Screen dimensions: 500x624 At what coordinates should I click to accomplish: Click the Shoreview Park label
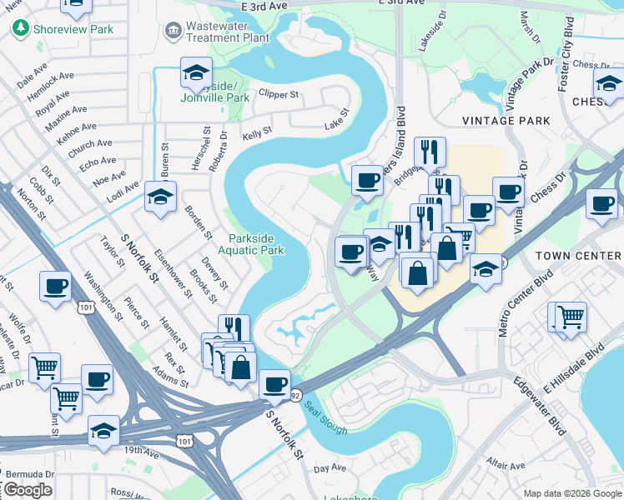click(73, 29)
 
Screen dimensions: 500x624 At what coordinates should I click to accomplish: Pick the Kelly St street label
click(257, 132)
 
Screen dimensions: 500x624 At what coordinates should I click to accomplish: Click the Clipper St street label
click(279, 94)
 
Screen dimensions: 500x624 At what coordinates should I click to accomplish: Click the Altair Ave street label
click(506, 463)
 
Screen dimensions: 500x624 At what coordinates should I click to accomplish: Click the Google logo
click(28, 490)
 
